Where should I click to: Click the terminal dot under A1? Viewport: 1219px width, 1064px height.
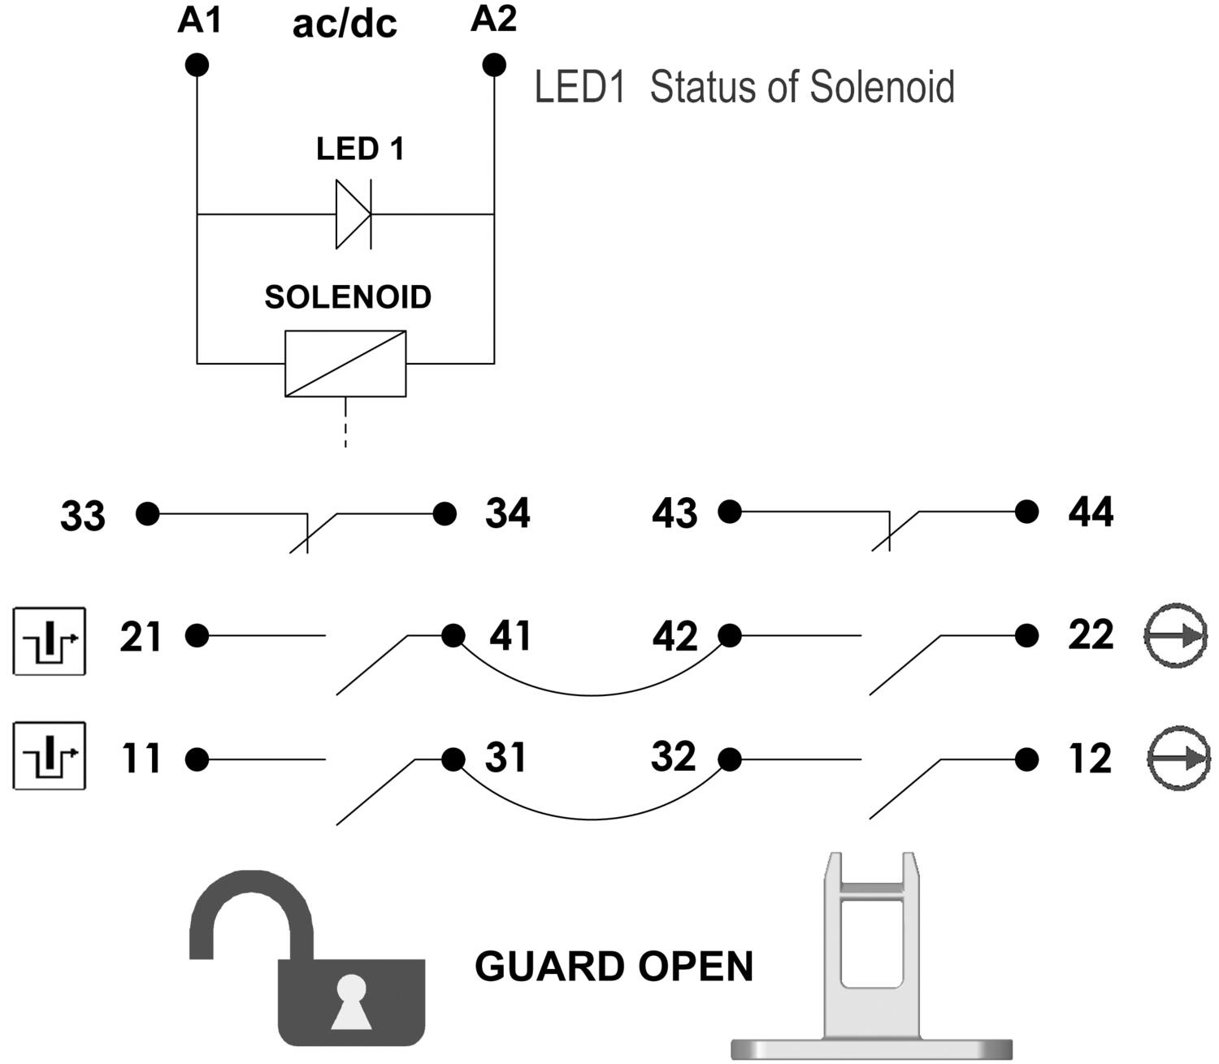tap(197, 65)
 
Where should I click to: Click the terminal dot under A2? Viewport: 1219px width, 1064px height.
tap(493, 64)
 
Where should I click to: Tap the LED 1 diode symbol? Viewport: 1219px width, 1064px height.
tap(354, 214)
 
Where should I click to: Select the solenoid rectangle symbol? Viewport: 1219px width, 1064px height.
tap(345, 363)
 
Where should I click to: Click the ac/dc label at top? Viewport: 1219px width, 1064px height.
tap(345, 24)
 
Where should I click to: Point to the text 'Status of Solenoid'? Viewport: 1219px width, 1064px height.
tap(802, 87)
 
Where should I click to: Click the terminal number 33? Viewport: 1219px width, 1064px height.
tap(83, 516)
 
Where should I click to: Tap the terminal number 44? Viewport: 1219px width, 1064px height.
tap(1090, 513)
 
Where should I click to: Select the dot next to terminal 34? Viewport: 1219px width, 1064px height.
tap(445, 513)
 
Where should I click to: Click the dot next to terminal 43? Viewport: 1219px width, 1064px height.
tap(730, 512)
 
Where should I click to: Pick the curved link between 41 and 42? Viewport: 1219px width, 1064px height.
tap(592, 694)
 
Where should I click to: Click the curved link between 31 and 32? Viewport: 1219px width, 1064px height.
tap(592, 818)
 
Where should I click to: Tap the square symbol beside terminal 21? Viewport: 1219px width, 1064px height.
tap(50, 641)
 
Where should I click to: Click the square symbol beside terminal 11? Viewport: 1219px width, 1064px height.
tap(50, 755)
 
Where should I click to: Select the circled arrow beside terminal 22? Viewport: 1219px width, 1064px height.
tap(1175, 636)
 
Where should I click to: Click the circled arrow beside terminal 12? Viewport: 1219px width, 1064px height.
tap(1178, 759)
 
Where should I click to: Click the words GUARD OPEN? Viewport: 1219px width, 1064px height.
tap(614, 967)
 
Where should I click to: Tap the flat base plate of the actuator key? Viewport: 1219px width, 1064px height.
tap(871, 1049)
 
